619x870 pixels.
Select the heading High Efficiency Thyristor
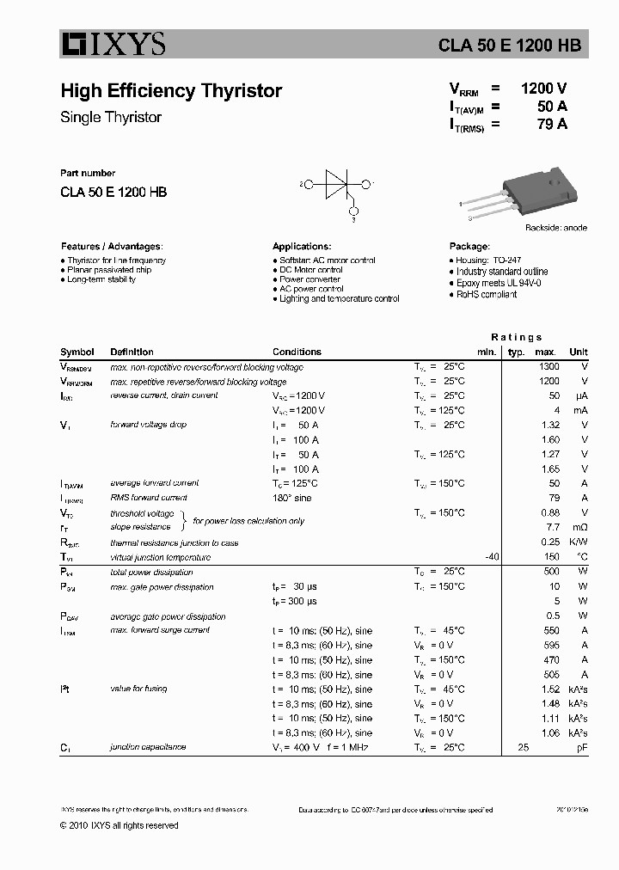click(x=171, y=91)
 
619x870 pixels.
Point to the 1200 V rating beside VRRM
click(x=543, y=89)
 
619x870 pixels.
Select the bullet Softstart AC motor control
click(x=327, y=260)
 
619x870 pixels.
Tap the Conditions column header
click(x=297, y=352)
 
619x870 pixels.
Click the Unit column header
click(x=578, y=352)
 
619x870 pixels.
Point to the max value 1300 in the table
click(x=549, y=367)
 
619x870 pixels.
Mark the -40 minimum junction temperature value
click(x=492, y=557)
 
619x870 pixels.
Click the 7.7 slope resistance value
click(x=552, y=527)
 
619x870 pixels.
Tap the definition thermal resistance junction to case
click(x=174, y=543)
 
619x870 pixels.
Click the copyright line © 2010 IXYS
click(x=119, y=825)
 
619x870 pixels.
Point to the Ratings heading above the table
click(x=516, y=337)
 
